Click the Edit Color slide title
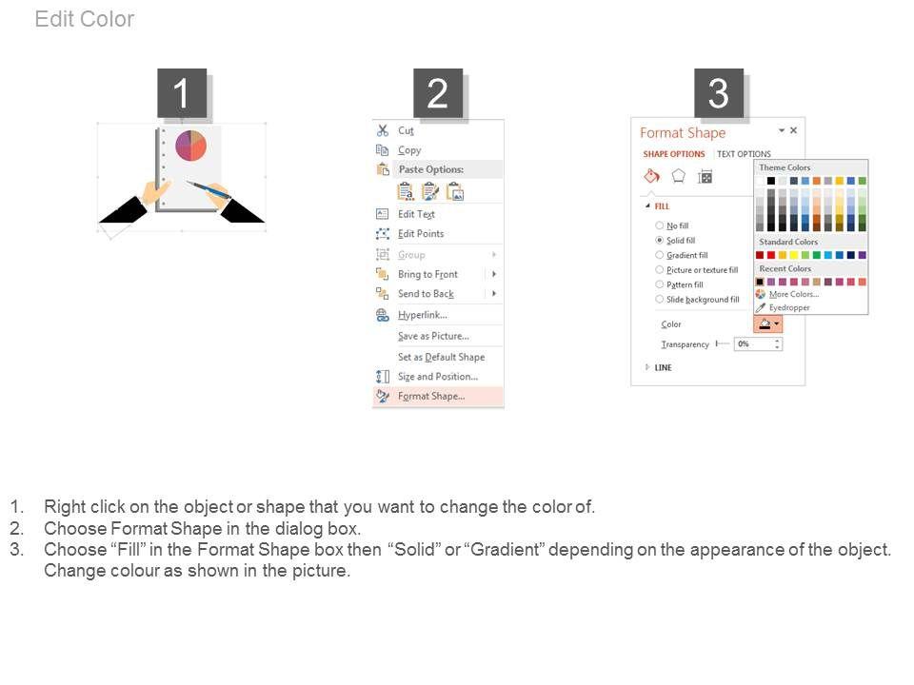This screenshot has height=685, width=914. [x=85, y=19]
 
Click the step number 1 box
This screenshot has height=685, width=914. [x=181, y=93]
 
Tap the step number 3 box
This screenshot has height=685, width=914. [x=718, y=93]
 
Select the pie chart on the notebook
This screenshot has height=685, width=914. [x=190, y=146]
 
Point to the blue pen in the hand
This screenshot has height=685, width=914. [x=209, y=189]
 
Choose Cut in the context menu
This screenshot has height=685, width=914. [x=406, y=130]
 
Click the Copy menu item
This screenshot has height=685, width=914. [x=409, y=150]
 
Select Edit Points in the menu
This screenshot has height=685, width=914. [x=421, y=234]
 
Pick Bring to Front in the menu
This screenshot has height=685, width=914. [x=427, y=274]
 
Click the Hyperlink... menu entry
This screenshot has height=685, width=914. [x=423, y=315]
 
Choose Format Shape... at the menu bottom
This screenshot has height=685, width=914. [x=431, y=396]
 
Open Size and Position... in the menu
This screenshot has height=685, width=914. [x=438, y=377]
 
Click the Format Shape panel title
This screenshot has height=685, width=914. [x=683, y=133]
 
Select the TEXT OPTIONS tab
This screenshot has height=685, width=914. [x=744, y=154]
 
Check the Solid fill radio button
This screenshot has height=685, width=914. [x=659, y=240]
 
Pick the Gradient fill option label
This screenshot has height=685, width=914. [x=687, y=255]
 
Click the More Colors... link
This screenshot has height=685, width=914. [x=794, y=294]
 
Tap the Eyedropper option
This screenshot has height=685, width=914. [x=789, y=307]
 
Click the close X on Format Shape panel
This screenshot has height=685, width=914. [x=793, y=130]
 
